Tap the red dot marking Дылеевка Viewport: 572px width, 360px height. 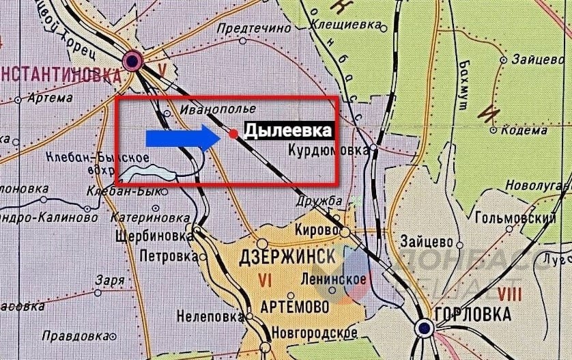pyautogui.click(x=233, y=135)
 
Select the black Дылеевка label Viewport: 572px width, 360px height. pyautogui.click(x=289, y=130)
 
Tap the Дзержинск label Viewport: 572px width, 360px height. pyautogui.click(x=296, y=258)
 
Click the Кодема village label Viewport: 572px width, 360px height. pyautogui.click(x=521, y=129)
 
